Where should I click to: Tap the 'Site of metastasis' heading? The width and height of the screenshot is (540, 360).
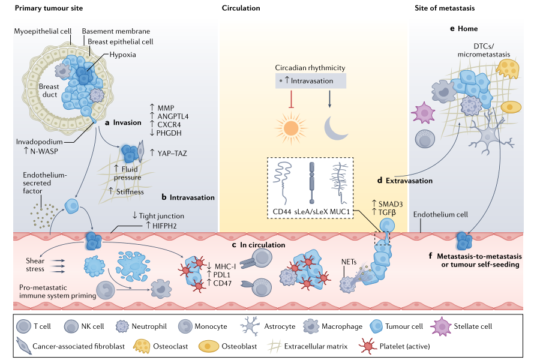point(445,8)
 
